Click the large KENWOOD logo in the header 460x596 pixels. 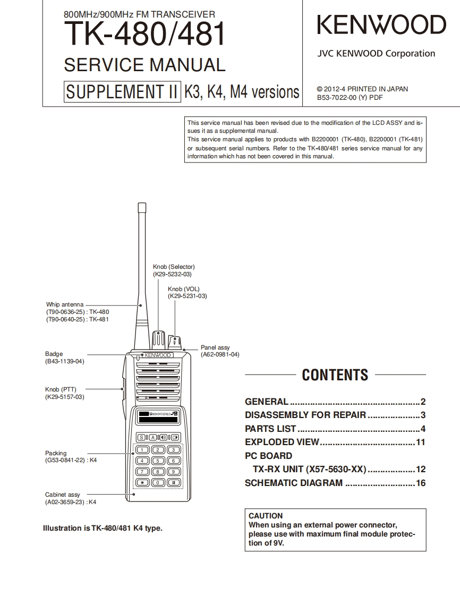[381, 25]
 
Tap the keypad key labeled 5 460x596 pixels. [158, 461]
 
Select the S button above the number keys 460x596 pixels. [142, 437]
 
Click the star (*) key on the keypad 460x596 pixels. [142, 482]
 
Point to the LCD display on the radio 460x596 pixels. [157, 416]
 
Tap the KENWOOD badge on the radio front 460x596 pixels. [157, 355]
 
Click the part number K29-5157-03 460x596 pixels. [65, 397]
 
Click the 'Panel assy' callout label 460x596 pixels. [215, 347]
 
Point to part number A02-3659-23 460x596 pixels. [65, 501]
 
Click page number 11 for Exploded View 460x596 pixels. [420, 442]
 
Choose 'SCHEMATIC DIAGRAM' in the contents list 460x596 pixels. [294, 483]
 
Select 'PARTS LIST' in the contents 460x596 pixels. [270, 429]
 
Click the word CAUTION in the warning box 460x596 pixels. [266, 516]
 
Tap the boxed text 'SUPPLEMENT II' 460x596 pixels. [121, 92]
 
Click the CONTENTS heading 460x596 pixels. [335, 375]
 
